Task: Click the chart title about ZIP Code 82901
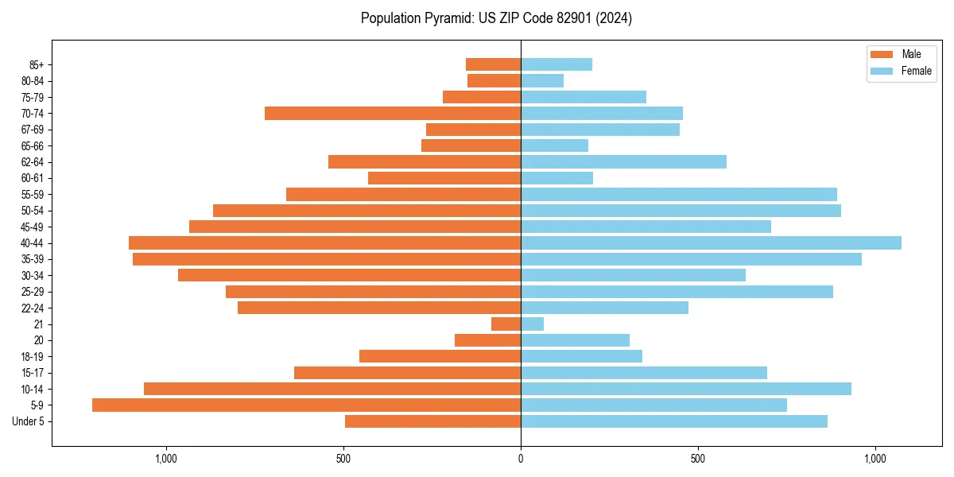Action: tap(496, 18)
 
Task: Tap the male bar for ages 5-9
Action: tap(306, 405)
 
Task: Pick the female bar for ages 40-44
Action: tap(711, 242)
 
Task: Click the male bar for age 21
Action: tap(506, 324)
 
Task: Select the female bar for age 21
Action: tap(532, 324)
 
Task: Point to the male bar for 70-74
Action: tap(393, 113)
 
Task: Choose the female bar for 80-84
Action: tap(542, 80)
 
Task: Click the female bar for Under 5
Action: tap(674, 421)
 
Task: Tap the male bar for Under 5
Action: tap(432, 421)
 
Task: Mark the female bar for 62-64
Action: tap(623, 161)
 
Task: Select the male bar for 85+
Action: tap(493, 64)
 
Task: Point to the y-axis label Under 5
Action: tap(28, 421)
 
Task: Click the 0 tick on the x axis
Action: tap(521, 459)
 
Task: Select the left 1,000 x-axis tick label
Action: tap(166, 459)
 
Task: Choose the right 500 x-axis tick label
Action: tap(697, 459)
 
